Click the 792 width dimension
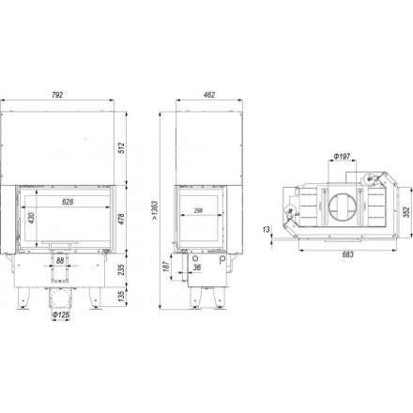pos(57,95)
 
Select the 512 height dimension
pos(121,148)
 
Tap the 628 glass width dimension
pos(68,202)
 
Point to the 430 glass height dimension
pos(31,218)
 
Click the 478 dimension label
pos(121,219)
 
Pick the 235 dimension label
pos(121,269)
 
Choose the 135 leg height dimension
pos(121,296)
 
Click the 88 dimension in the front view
pos(60,260)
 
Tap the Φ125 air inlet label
pos(61,315)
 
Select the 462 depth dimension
pos(209,95)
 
